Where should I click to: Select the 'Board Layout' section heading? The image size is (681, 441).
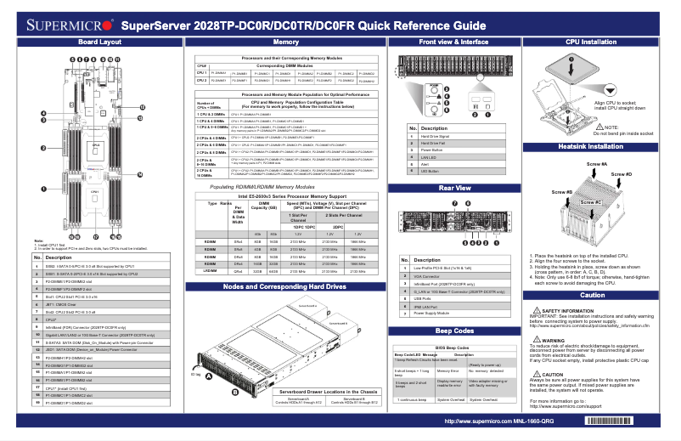(98, 41)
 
